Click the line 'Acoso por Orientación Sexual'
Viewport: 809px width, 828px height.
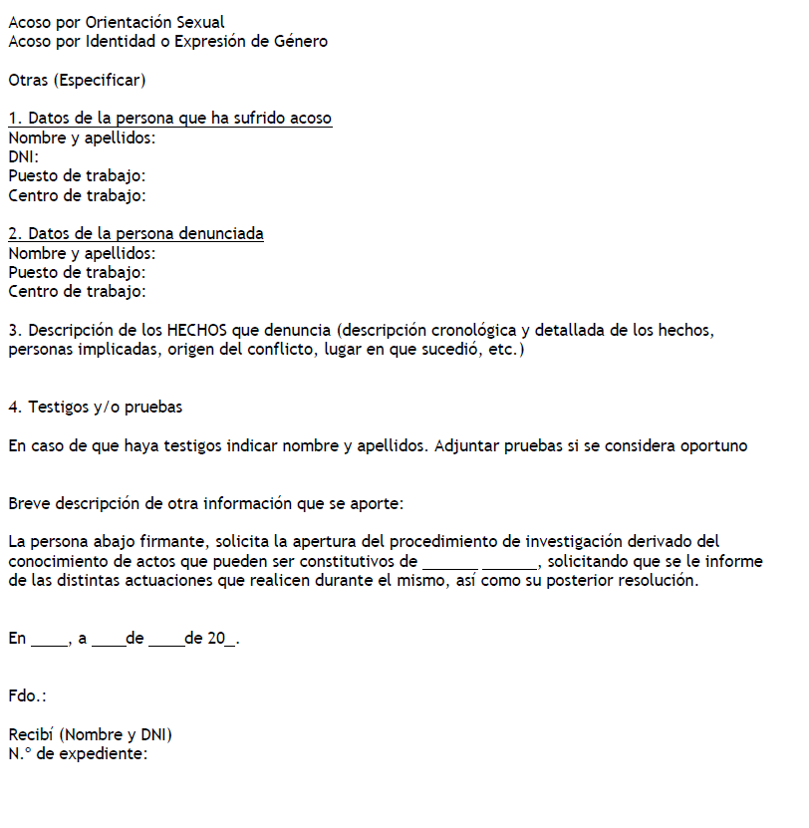(x=116, y=22)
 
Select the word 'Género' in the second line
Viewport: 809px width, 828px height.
(x=300, y=41)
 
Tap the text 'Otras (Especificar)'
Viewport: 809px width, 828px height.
(x=77, y=80)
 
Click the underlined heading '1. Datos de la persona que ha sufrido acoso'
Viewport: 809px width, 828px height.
(x=169, y=119)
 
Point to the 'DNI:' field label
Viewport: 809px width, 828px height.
(x=24, y=157)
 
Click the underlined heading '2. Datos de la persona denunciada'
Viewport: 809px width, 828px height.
(x=135, y=234)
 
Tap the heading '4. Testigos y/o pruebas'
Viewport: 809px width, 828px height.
(x=95, y=408)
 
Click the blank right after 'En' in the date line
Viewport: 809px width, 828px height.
(x=49, y=640)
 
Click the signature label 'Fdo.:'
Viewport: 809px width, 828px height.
(x=27, y=696)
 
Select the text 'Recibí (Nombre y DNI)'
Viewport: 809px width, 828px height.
(x=91, y=735)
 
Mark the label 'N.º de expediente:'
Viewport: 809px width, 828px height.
(x=78, y=754)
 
